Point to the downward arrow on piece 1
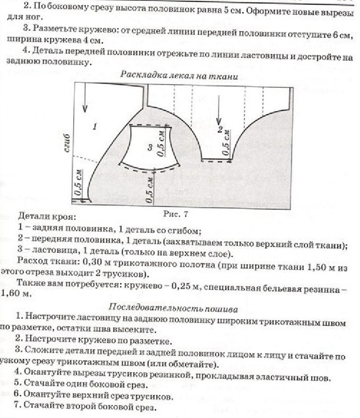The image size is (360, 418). click(x=85, y=98)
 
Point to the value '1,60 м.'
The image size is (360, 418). click(x=18, y=294)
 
